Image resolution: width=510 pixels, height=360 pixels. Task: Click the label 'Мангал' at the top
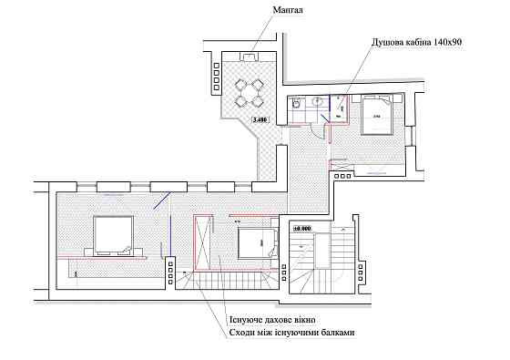tap(289, 10)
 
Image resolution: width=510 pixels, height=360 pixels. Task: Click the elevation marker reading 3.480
tap(261, 118)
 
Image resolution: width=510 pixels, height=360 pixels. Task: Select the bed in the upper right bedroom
tap(375, 115)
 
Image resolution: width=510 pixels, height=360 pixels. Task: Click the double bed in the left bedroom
tap(113, 233)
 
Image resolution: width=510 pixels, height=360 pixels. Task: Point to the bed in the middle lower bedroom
tap(257, 242)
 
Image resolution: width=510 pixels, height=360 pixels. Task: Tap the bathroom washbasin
tap(317, 103)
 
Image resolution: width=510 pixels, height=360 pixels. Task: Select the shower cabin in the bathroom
tap(337, 108)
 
